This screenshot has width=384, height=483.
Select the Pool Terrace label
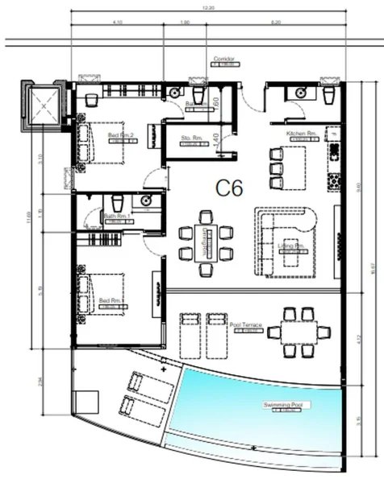pyautogui.click(x=245, y=325)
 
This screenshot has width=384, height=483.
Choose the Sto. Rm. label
pyautogui.click(x=192, y=137)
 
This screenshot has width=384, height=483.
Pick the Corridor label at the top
pyautogui.click(x=223, y=60)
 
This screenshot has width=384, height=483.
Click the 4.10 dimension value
pyautogui.click(x=118, y=23)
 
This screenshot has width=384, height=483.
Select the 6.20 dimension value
pyautogui.click(x=277, y=23)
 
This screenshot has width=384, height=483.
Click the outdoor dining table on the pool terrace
pyautogui.click(x=300, y=330)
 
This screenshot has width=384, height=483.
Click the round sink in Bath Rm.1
pyautogui.click(x=146, y=200)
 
